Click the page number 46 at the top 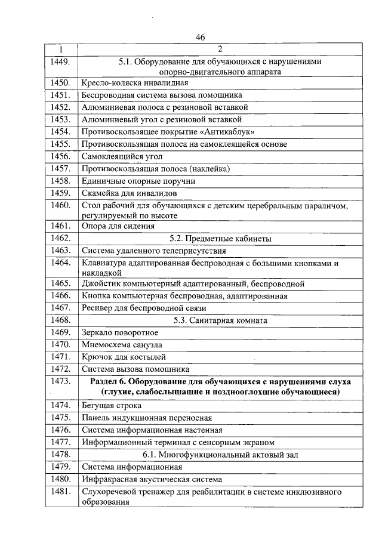pos(200,37)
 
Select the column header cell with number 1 pos(61,49)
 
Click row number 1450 pos(61,82)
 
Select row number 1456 pos(61,156)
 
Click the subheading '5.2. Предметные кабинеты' pos(220,239)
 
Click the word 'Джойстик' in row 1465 pos(101,283)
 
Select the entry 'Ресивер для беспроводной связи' pos(144,308)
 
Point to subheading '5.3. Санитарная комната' pos(220,320)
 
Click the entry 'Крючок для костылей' pos(122,357)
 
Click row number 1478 pos(61,455)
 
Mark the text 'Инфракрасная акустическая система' pos(152,479)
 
